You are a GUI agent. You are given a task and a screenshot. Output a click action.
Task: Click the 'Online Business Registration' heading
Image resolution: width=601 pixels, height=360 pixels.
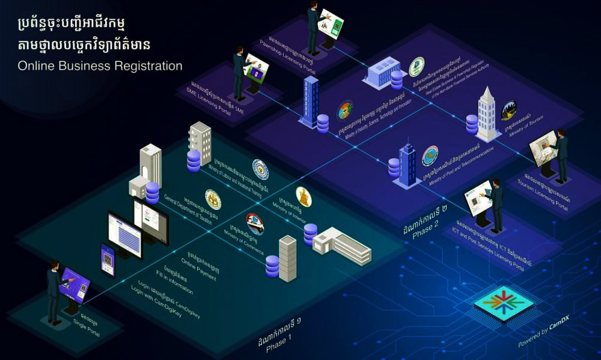100,66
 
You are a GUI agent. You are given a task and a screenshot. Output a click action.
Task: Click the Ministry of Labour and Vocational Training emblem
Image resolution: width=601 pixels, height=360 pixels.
260,170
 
